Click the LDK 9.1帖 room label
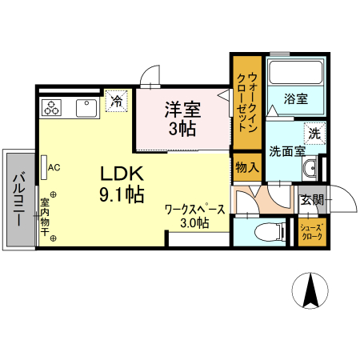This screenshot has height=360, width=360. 122,183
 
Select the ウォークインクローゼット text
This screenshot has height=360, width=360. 246,102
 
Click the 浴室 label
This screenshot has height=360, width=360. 296,99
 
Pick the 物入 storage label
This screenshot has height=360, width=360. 246,167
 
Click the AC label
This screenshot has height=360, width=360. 54,168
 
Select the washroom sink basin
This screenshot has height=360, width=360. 310,169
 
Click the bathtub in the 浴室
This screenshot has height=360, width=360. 295,77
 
